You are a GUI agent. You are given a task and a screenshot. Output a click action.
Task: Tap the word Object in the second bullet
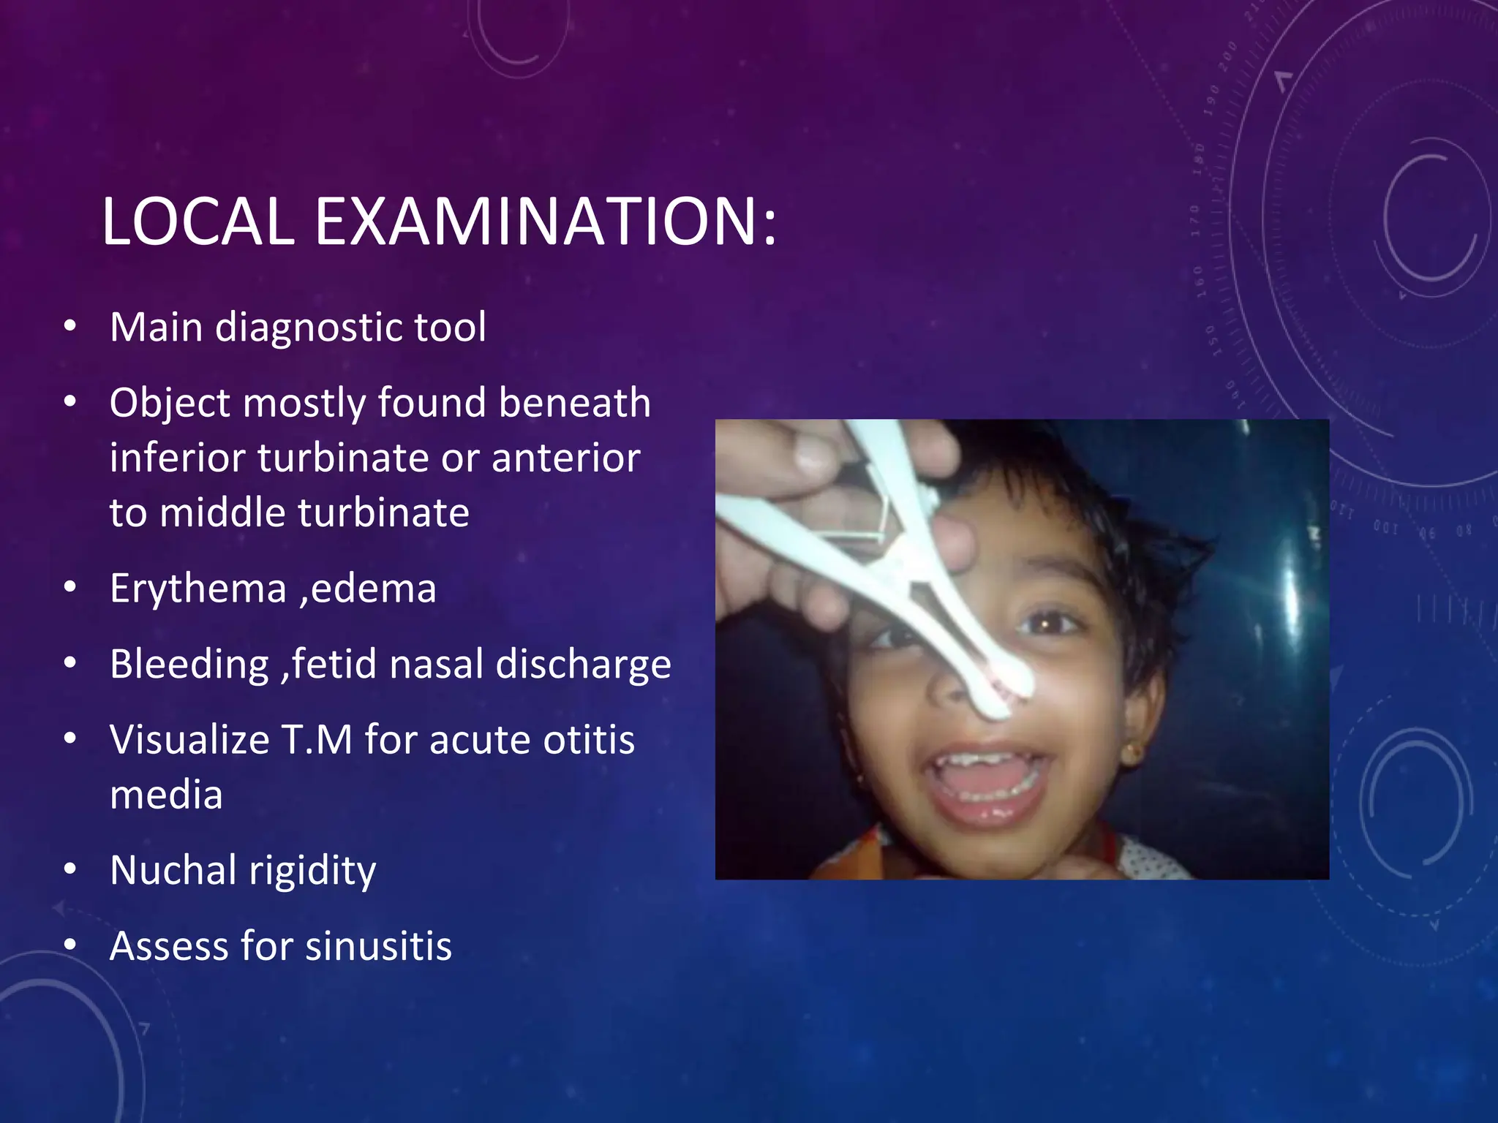(x=170, y=403)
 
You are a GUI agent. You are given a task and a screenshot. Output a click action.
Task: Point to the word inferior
(x=177, y=458)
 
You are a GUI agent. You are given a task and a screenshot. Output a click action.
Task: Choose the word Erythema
(x=197, y=589)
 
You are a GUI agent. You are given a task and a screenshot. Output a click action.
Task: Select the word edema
(x=374, y=589)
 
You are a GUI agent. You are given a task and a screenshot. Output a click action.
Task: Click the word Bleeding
(x=189, y=664)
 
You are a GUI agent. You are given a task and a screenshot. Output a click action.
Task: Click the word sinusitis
(x=378, y=946)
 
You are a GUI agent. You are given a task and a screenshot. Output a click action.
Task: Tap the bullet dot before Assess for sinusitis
(x=69, y=945)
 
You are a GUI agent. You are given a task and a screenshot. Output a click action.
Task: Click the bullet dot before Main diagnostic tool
(x=69, y=327)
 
